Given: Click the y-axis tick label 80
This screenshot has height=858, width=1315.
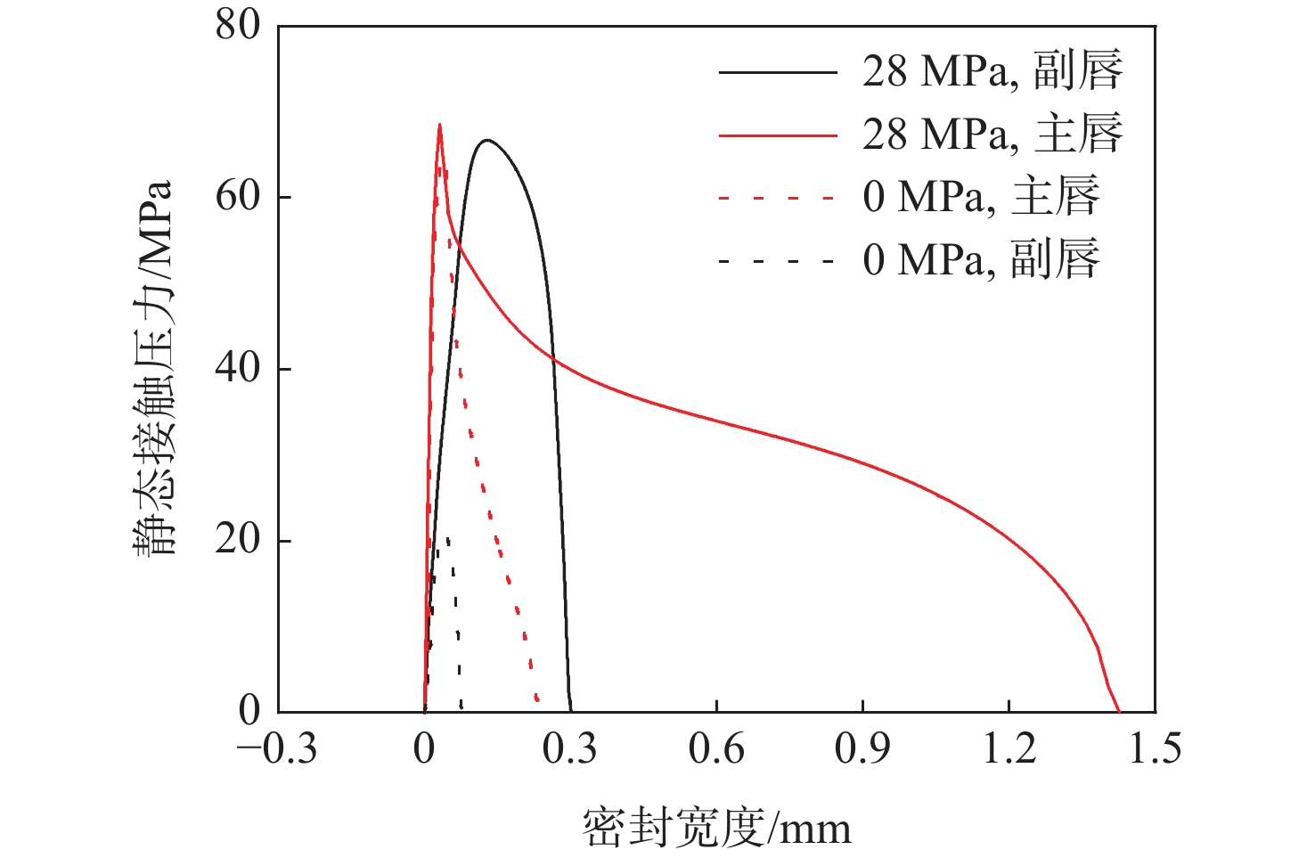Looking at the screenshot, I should coord(238,25).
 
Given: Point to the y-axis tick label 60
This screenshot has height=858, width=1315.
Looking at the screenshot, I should coord(238,196).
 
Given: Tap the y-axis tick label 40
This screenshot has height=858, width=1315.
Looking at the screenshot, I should coord(238,368).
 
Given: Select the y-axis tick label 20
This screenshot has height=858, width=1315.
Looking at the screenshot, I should coord(238,540).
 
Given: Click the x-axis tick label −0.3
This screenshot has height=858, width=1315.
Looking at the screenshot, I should coord(277,749).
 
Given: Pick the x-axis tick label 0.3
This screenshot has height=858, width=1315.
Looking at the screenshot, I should coord(570,749).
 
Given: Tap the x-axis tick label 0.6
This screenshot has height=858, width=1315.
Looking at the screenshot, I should coord(716,749).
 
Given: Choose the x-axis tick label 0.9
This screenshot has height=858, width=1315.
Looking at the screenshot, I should coord(862,749).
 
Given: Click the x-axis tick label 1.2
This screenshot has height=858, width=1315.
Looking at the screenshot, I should coord(1009,749).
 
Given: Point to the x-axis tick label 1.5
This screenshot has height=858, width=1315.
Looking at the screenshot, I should coord(1155,749).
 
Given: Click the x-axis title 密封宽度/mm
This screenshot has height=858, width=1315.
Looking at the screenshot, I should coord(717,827).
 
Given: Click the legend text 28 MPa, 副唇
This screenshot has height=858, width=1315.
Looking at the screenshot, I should coord(992,70).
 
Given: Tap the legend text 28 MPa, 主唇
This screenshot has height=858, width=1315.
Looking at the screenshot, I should coord(992,134).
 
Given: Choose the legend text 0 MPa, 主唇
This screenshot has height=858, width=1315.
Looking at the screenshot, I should coord(981,197).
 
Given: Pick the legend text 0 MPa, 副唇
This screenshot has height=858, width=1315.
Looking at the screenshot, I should coord(981,260).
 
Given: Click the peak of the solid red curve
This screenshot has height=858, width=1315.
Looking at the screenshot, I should coord(439,125).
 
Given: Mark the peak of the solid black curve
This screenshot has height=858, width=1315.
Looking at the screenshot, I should coord(486,140).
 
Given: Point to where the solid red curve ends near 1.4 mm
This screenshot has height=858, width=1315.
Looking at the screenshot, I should coord(1119,711).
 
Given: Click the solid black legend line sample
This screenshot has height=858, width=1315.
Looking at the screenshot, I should coord(778,71).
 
